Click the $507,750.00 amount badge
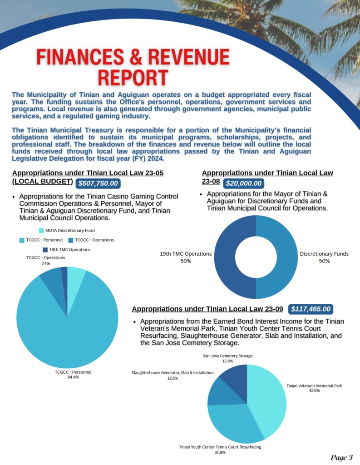pos(98,183)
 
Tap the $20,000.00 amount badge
pos(244,183)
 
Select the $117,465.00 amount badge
pos(311,309)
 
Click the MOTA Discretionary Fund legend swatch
pos(41,231)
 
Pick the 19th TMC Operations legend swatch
pos(44,250)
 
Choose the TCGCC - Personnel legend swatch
pos(22,240)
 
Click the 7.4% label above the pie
pos(45,263)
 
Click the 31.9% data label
pos(220,452)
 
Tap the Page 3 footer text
pos(341,457)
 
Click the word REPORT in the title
pos(133,78)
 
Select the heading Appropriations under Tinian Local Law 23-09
pos(207,309)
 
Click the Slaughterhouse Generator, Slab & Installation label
pos(173,372)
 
